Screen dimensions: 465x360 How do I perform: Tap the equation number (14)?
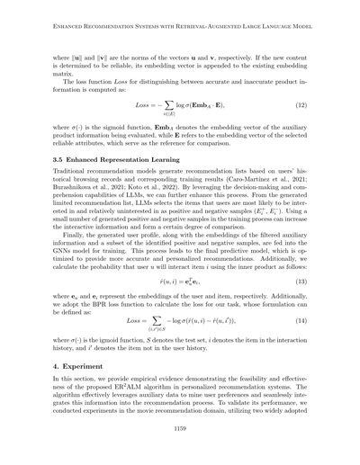click(x=301, y=319)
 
